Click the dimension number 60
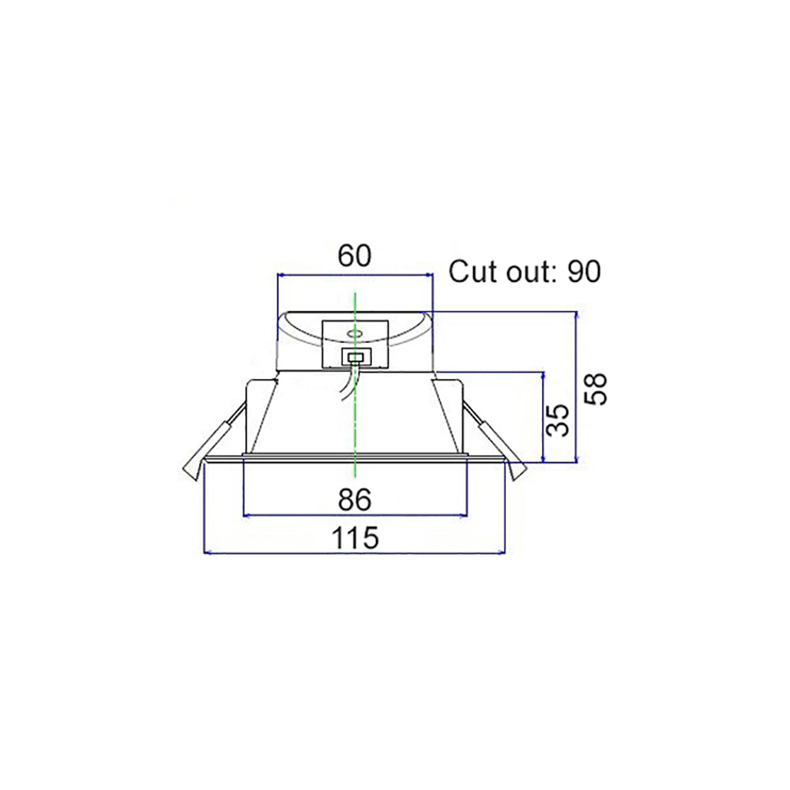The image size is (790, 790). point(354,255)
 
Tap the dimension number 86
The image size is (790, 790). point(354,500)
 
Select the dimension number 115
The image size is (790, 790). point(354,537)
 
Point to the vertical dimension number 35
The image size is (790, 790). point(558,419)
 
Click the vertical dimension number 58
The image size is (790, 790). point(596,389)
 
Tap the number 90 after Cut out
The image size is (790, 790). point(585,272)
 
